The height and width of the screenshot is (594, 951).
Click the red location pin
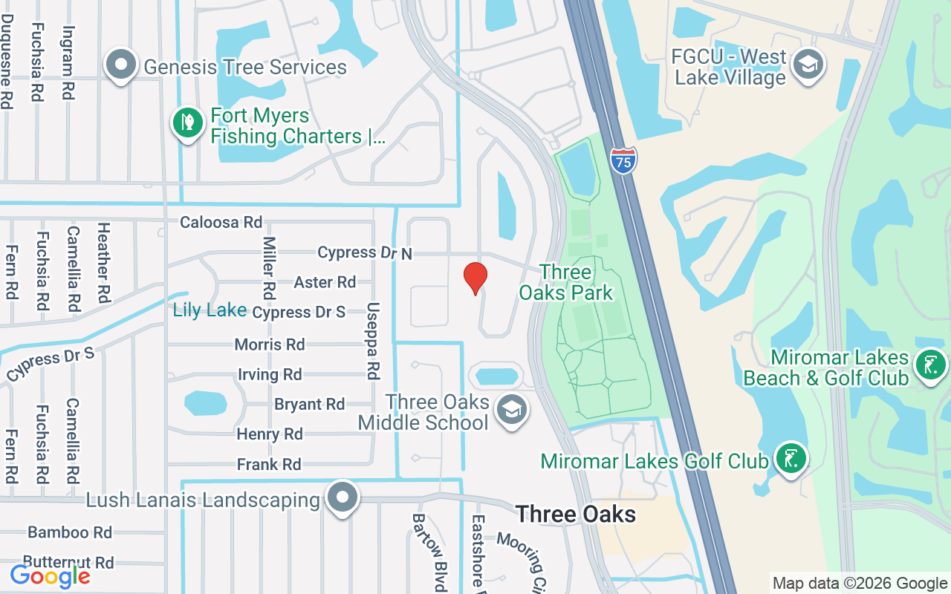475,278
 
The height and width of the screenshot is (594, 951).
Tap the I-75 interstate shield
624,160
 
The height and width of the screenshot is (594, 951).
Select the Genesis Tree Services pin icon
120,65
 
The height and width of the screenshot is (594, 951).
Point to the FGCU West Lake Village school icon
808,65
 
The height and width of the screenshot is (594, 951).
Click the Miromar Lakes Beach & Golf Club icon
930,365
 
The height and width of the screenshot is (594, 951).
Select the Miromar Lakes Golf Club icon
791,459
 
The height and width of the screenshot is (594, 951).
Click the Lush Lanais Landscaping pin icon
343,498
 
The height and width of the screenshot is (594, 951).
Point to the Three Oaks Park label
566,282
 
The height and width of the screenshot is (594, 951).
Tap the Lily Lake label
210,310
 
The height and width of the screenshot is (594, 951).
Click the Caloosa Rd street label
221,222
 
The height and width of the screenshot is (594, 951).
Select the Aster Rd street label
325,282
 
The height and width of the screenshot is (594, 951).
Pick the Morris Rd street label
270,345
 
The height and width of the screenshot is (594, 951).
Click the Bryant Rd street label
309,405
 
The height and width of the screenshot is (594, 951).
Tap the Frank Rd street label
269,465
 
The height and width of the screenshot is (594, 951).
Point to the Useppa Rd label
373,341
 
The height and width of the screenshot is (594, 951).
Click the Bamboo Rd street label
70,532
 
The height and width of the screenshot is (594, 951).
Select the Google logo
50,575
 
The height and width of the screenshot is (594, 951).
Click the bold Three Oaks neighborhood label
576,514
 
